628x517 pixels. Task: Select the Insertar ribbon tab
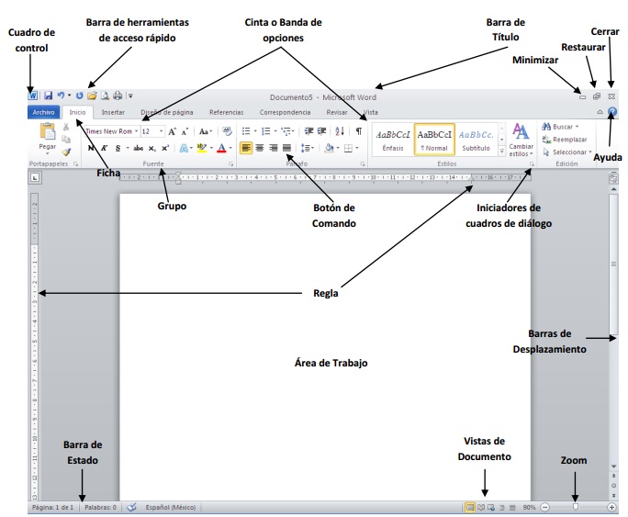pos(113,112)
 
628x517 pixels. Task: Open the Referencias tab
pos(226,112)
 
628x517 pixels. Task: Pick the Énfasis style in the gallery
pos(393,138)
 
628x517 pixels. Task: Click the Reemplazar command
pos(569,139)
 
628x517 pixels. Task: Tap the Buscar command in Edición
pos(565,126)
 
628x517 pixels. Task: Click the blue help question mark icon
pos(612,111)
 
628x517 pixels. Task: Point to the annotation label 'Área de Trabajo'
pos(331,363)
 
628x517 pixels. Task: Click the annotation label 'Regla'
pos(325,294)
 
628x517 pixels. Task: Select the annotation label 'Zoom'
pos(574,460)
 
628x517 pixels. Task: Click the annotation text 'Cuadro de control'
pos(31,39)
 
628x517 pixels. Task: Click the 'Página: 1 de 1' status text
pos(52,507)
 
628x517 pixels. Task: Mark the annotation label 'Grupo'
pos(172,207)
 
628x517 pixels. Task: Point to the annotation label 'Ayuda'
pos(607,157)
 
